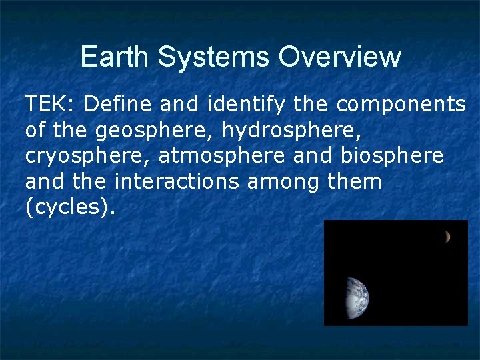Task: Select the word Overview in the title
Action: click(340, 57)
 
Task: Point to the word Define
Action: click(111, 105)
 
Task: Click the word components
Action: click(401, 105)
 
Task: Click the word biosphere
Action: click(391, 155)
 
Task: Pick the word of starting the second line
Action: click(36, 130)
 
